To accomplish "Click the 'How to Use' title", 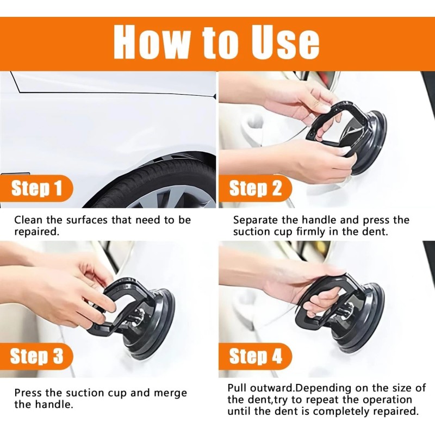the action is click(216, 43).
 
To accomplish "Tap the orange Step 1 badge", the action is click(36, 189).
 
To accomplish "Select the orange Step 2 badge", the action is click(255, 189).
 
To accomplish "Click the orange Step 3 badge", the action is click(36, 356).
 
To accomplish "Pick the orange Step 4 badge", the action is click(255, 356).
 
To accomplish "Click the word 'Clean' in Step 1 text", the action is click(28, 220).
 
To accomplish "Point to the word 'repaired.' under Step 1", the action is click(37, 232).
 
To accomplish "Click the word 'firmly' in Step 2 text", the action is click(310, 232).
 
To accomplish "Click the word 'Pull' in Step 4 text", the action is click(237, 388).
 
